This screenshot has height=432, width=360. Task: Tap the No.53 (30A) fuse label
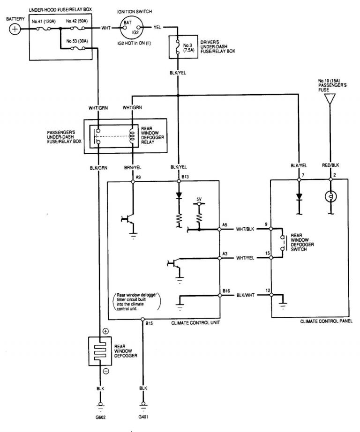[76, 42]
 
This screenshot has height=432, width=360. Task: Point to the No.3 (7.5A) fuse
[178, 47]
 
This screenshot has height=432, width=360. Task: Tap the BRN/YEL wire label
[133, 167]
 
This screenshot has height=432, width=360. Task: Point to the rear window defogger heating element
[100, 350]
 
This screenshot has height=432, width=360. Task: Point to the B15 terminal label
[149, 323]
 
